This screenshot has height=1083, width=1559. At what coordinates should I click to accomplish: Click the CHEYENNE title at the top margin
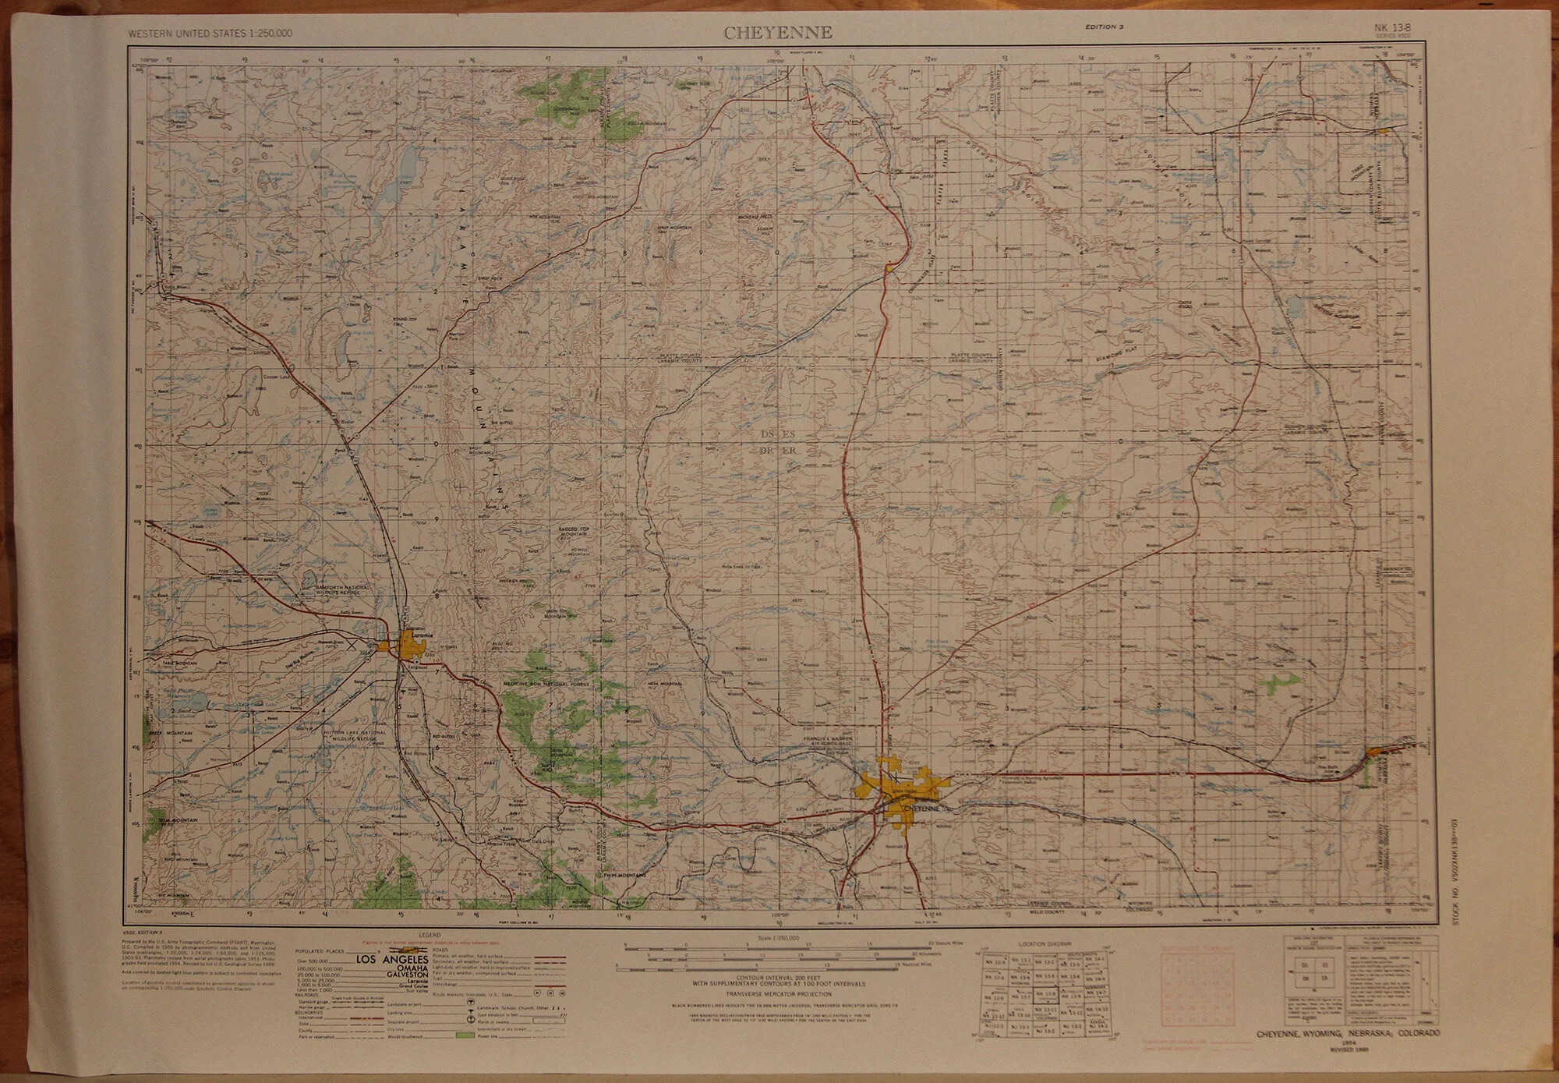[778, 33]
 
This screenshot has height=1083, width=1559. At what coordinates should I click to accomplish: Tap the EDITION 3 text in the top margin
[1102, 27]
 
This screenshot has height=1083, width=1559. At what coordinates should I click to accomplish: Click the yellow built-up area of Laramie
[408, 644]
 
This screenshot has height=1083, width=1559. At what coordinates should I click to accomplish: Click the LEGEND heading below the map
[430, 935]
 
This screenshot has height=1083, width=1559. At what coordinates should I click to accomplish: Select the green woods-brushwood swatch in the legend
[465, 1035]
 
